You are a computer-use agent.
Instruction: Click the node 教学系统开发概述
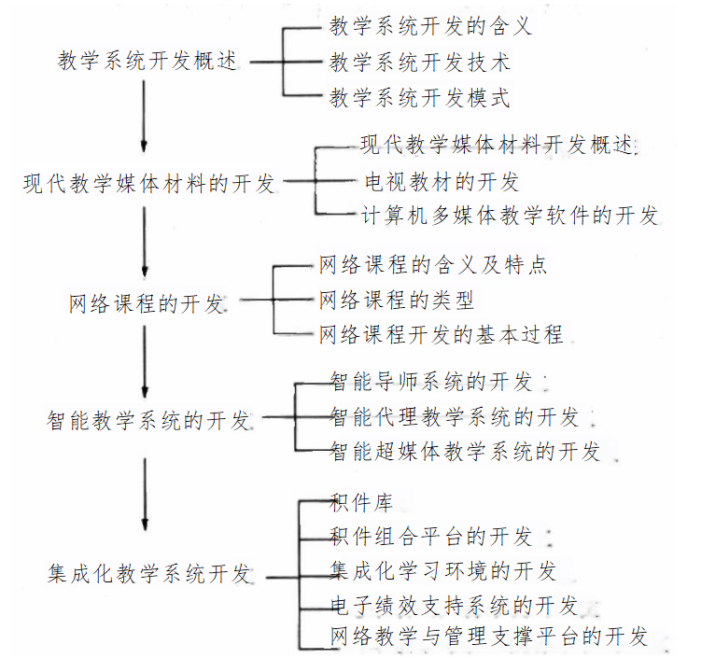[x=147, y=62]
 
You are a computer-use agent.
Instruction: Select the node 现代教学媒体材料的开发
[x=150, y=183]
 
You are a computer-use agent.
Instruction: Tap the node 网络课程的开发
[x=147, y=304]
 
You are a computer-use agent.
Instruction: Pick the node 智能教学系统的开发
[x=149, y=420]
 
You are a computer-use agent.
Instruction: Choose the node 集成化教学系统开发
[x=149, y=573]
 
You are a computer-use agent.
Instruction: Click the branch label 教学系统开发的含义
[x=430, y=26]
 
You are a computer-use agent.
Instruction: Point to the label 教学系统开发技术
[x=420, y=63]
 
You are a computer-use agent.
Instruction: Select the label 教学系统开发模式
[x=420, y=97]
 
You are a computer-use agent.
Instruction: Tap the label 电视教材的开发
[x=442, y=181]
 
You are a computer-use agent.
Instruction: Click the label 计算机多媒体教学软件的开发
[x=510, y=216]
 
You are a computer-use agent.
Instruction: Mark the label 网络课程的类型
[x=397, y=300]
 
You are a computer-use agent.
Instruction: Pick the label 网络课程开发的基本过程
[x=442, y=334]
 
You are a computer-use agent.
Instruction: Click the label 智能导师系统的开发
[x=431, y=382]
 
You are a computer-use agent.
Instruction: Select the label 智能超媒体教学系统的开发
[x=465, y=453]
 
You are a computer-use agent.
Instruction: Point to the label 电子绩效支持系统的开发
[x=454, y=605]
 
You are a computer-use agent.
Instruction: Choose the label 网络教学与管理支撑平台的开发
[x=489, y=638]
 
